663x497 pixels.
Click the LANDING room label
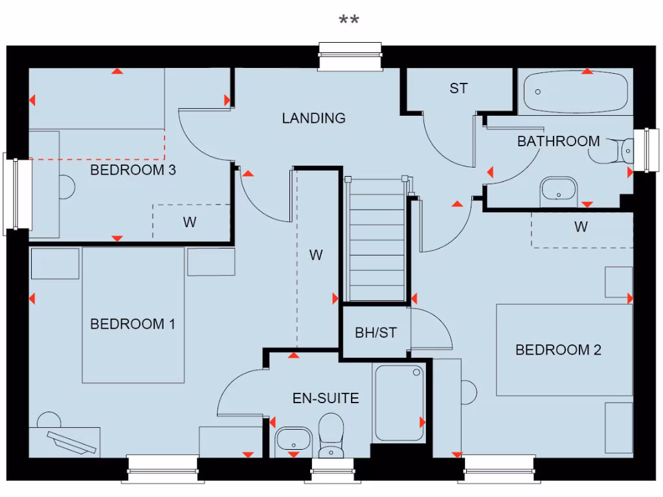313,118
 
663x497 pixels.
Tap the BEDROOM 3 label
133,170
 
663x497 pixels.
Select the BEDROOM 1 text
133,324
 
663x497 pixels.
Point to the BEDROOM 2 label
558,350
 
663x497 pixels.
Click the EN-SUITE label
326,398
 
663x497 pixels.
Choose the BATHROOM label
558,141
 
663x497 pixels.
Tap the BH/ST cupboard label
376,333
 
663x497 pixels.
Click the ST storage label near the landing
458,89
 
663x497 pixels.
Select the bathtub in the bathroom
575,93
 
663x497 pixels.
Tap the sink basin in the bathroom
558,189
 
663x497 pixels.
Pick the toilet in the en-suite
331,436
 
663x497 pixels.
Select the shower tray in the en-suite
399,403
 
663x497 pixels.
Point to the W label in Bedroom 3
189,223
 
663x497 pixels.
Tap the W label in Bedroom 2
581,227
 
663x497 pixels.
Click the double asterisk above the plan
349,21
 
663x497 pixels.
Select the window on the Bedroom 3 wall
17,194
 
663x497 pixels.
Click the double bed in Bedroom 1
133,315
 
